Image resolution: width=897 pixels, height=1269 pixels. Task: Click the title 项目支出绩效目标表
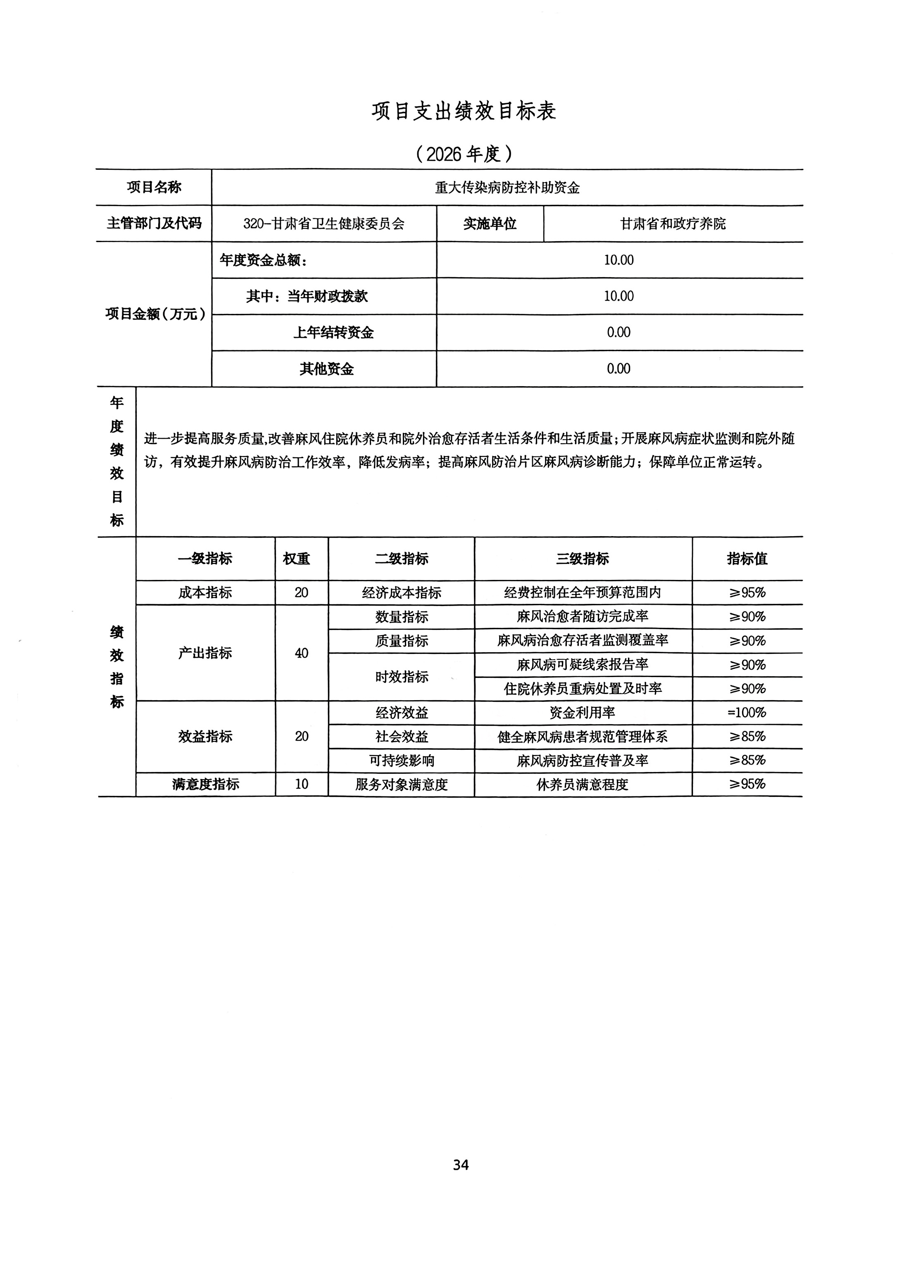463,111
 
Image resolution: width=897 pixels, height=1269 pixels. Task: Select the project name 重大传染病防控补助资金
507,188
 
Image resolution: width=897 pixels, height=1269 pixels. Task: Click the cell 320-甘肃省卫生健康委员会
324,224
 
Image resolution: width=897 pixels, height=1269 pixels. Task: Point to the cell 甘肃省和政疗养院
673,224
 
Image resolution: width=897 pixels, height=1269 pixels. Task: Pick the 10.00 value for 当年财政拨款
619,296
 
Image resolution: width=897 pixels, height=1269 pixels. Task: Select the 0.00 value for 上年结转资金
619,332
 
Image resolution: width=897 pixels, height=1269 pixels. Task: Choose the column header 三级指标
583,559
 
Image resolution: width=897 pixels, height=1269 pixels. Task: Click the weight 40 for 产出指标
301,653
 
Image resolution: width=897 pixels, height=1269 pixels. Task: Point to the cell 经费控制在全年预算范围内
583,592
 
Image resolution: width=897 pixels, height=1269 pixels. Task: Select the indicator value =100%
747,713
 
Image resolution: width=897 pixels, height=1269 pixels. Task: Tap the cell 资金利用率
583,713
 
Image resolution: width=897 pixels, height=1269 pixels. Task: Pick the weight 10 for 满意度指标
301,784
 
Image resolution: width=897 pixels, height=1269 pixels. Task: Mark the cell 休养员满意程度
583,785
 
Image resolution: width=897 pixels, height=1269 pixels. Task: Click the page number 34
460,1165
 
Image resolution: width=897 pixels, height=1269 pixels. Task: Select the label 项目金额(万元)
155,314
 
